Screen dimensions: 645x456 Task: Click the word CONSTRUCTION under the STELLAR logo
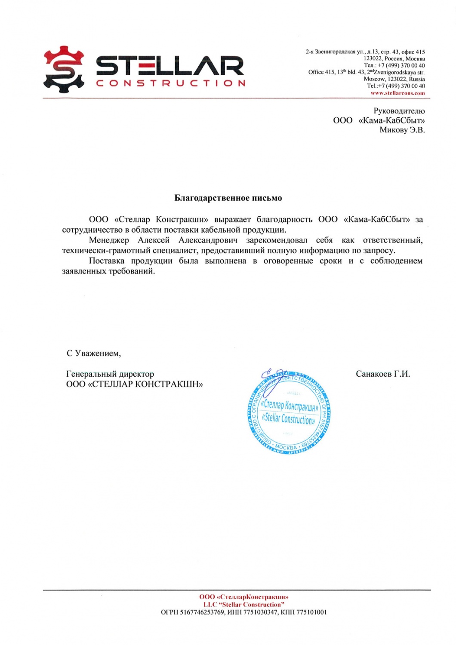[171, 83]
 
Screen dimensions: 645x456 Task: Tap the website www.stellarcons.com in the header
[397, 93]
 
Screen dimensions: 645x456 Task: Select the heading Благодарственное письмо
[228, 198]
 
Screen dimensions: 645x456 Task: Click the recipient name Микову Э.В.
[402, 130]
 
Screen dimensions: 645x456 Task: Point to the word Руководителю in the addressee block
[399, 111]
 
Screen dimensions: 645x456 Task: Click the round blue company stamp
[289, 413]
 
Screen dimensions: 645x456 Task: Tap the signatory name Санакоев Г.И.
[382, 374]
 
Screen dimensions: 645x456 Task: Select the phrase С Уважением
[93, 353]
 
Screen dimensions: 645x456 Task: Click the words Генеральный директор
[110, 374]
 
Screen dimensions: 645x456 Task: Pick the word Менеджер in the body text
[109, 240]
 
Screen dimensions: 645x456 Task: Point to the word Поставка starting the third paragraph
[107, 261]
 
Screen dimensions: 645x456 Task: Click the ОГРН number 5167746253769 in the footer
[202, 612]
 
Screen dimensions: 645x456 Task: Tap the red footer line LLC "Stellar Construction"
[244, 605]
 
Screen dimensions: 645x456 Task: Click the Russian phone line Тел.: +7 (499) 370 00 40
[394, 65]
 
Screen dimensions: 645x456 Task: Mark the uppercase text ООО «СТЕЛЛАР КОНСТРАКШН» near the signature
[134, 384]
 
